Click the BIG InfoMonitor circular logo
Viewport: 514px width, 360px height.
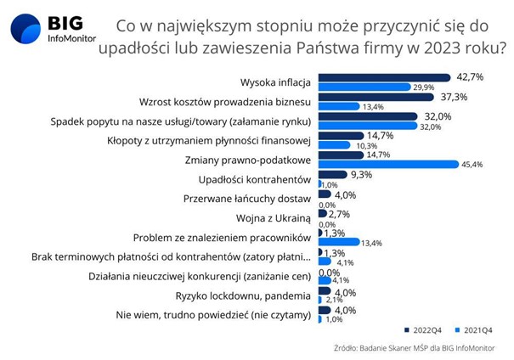click(x=25, y=29)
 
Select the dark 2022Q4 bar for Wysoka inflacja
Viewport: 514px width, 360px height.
click(x=385, y=77)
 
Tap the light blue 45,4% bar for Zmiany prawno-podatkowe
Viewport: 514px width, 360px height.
click(x=389, y=164)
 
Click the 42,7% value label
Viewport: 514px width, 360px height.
click(x=470, y=77)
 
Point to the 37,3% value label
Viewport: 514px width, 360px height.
click(x=454, y=98)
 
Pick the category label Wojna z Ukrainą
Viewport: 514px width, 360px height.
click(x=274, y=218)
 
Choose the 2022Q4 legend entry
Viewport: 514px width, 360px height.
click(x=423, y=330)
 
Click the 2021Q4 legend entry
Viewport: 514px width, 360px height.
click(x=474, y=330)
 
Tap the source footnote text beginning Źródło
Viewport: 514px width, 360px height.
click(x=415, y=348)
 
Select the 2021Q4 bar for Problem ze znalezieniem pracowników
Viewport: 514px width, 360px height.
click(x=339, y=242)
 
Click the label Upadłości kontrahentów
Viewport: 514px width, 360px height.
click(x=255, y=179)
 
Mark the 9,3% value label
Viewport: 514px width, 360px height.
click(x=362, y=175)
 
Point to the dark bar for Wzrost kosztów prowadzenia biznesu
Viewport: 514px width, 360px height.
click(x=376, y=98)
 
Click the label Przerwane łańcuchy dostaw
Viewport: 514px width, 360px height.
click(x=247, y=199)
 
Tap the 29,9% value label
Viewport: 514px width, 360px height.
click(x=424, y=87)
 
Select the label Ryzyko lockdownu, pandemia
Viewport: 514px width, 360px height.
click(x=243, y=296)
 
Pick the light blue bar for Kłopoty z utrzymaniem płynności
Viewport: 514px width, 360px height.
click(x=335, y=145)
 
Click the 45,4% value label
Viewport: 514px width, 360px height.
click(x=472, y=165)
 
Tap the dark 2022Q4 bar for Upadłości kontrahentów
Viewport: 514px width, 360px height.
click(x=333, y=175)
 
